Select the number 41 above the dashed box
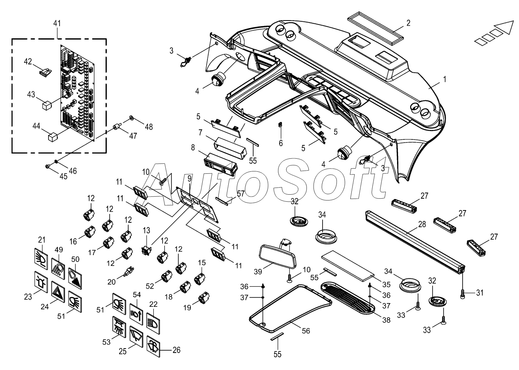coord(57,23)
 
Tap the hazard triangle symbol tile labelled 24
coord(58,292)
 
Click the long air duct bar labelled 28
coord(415,242)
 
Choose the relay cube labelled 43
coord(47,105)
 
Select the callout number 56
coord(306,331)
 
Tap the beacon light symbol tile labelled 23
coord(41,282)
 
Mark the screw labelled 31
coord(463,294)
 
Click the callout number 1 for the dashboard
coord(444,79)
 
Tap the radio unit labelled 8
coord(220,164)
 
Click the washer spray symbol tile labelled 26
coord(153,347)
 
